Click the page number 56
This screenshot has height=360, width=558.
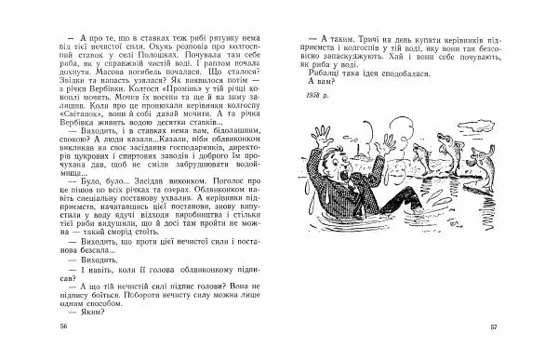pos(63,327)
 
